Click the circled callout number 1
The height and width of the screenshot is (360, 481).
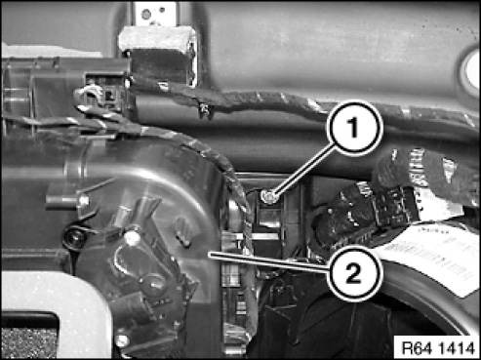pyautogui.click(x=354, y=128)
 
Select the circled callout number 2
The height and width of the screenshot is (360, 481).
pyautogui.click(x=353, y=272)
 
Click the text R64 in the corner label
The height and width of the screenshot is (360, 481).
pyautogui.click(x=415, y=348)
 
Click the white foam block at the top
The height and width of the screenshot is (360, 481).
pyautogui.click(x=157, y=38)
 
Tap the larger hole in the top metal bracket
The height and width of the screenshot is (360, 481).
pyautogui.click(x=146, y=15)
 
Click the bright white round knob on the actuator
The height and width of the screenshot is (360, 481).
pyautogui.click(x=132, y=237)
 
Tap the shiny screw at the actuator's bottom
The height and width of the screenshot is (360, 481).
pyautogui.click(x=122, y=340)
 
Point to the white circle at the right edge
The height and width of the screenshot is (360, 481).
pyautogui.click(x=472, y=69)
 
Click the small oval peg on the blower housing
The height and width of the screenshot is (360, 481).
pyautogui.click(x=183, y=231)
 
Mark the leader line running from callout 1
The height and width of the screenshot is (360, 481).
pyautogui.click(x=303, y=170)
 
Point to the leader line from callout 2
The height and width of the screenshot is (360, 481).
pyautogui.click(x=268, y=261)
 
